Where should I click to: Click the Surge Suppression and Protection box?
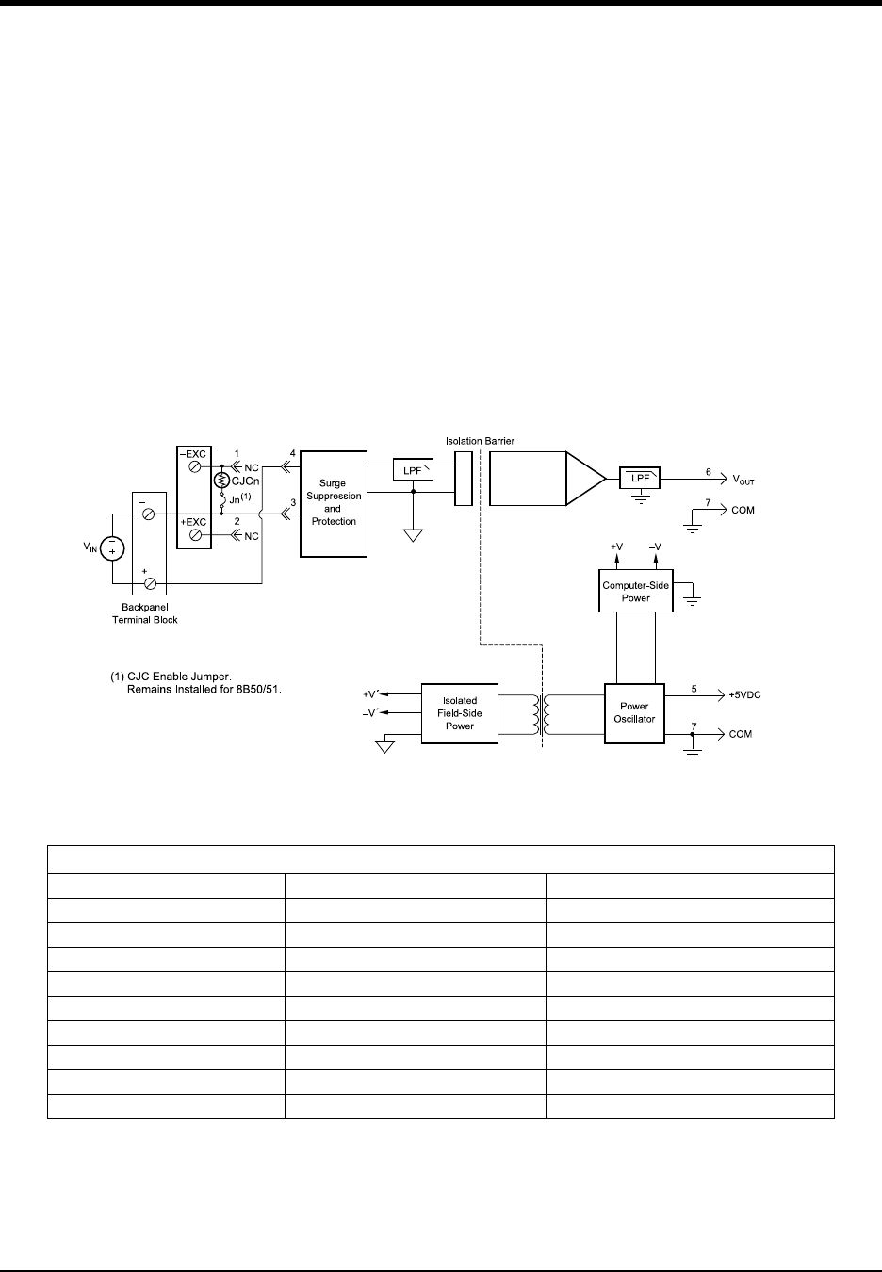click(x=333, y=502)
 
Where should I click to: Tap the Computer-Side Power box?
click(x=636, y=592)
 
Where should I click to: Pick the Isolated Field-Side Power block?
click(x=460, y=713)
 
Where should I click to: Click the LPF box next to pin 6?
click(x=639, y=480)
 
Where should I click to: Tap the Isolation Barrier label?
click(x=482, y=440)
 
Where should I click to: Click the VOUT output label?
click(x=743, y=481)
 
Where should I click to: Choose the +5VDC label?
click(x=744, y=694)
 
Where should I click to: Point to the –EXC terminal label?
click(x=194, y=454)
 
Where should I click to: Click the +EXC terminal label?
click(x=194, y=521)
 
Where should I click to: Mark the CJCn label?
click(x=246, y=481)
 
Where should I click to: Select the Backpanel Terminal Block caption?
click(x=145, y=613)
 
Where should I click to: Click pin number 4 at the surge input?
click(x=292, y=453)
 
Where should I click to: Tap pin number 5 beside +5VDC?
click(x=694, y=689)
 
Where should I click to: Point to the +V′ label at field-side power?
click(x=370, y=694)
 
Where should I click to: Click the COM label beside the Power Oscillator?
click(x=741, y=734)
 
